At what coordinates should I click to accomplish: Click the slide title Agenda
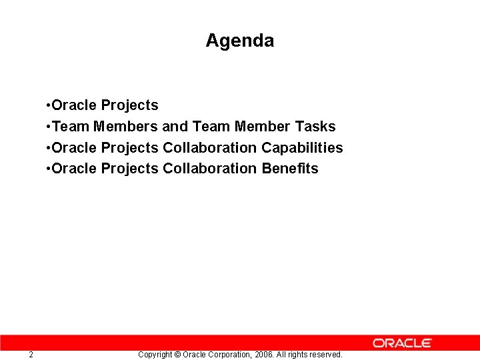[x=239, y=41]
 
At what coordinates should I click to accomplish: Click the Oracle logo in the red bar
[x=402, y=343]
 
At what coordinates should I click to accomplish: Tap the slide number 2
[x=31, y=355]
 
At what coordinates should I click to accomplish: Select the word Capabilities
[x=302, y=147]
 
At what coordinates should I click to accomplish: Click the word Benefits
[x=290, y=169]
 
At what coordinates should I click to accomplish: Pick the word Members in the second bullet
[x=125, y=126]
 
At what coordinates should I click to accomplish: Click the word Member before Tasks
[x=262, y=126]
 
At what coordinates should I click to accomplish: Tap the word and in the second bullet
[x=175, y=126]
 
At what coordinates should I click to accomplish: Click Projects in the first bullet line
[x=129, y=105]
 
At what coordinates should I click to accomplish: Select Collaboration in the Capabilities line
[x=209, y=147]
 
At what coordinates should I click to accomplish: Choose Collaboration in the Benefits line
[x=209, y=169]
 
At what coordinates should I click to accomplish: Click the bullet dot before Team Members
[x=48, y=127]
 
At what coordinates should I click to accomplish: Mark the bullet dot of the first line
[x=48, y=105]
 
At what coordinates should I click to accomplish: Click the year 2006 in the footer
[x=264, y=355]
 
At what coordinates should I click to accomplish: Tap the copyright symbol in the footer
[x=177, y=355]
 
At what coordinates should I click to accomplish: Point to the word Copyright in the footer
[x=155, y=355]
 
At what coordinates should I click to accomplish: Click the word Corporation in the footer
[x=229, y=355]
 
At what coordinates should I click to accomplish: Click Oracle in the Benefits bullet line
[x=74, y=169]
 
